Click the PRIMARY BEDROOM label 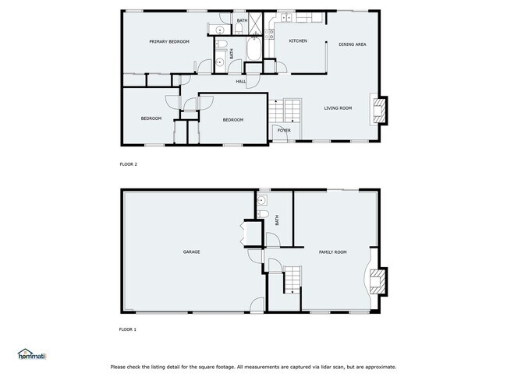tap(169, 41)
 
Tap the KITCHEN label tap(298, 40)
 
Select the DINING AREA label tap(353, 44)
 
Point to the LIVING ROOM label tap(338, 107)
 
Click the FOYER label tap(284, 130)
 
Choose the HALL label tap(242, 81)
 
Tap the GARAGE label tap(192, 252)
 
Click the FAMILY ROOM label tap(332, 252)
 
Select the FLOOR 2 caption tap(128, 164)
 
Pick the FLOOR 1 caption tap(128, 329)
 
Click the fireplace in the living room tap(379, 110)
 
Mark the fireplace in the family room tap(378, 281)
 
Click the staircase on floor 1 tap(291, 278)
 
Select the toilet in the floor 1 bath tap(263, 214)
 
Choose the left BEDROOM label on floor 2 tap(151, 118)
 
